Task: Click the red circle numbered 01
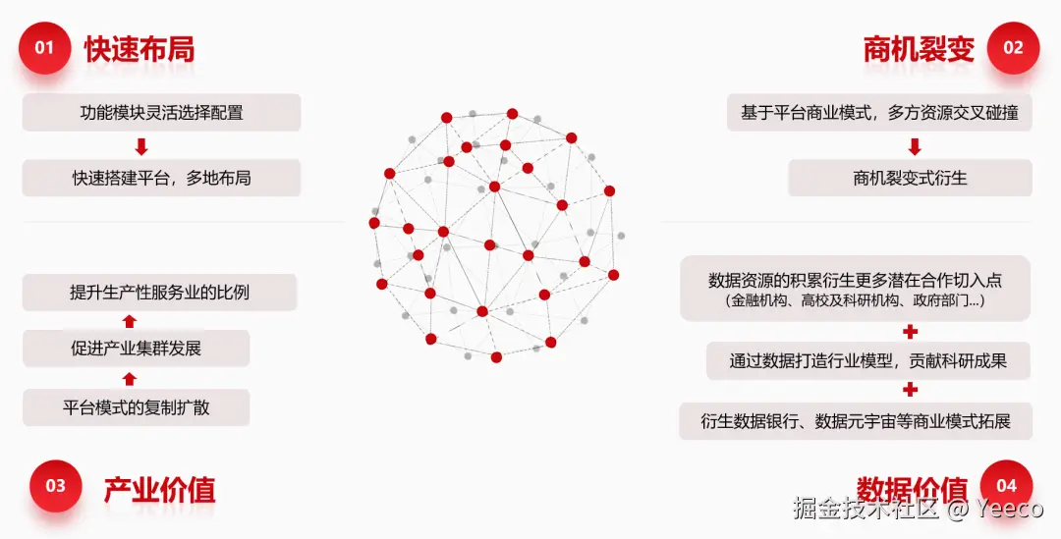click(44, 48)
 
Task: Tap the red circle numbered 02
click(1012, 48)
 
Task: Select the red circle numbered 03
click(55, 485)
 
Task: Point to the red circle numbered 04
click(1006, 485)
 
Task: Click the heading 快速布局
click(139, 49)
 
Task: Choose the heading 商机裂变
click(919, 49)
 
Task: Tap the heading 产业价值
click(159, 489)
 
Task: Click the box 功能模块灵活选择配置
click(161, 113)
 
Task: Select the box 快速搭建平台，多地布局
click(161, 178)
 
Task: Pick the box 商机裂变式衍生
click(910, 178)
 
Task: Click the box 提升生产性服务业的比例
click(159, 292)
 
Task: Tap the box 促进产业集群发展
click(136, 349)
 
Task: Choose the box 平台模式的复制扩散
click(136, 407)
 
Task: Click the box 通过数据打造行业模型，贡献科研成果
click(868, 361)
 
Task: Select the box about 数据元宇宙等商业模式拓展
click(855, 421)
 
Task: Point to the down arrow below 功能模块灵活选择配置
click(141, 146)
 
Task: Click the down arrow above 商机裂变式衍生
click(915, 146)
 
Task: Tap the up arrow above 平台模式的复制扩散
click(130, 378)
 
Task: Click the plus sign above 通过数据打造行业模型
click(911, 331)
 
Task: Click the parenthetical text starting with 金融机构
click(855, 301)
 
